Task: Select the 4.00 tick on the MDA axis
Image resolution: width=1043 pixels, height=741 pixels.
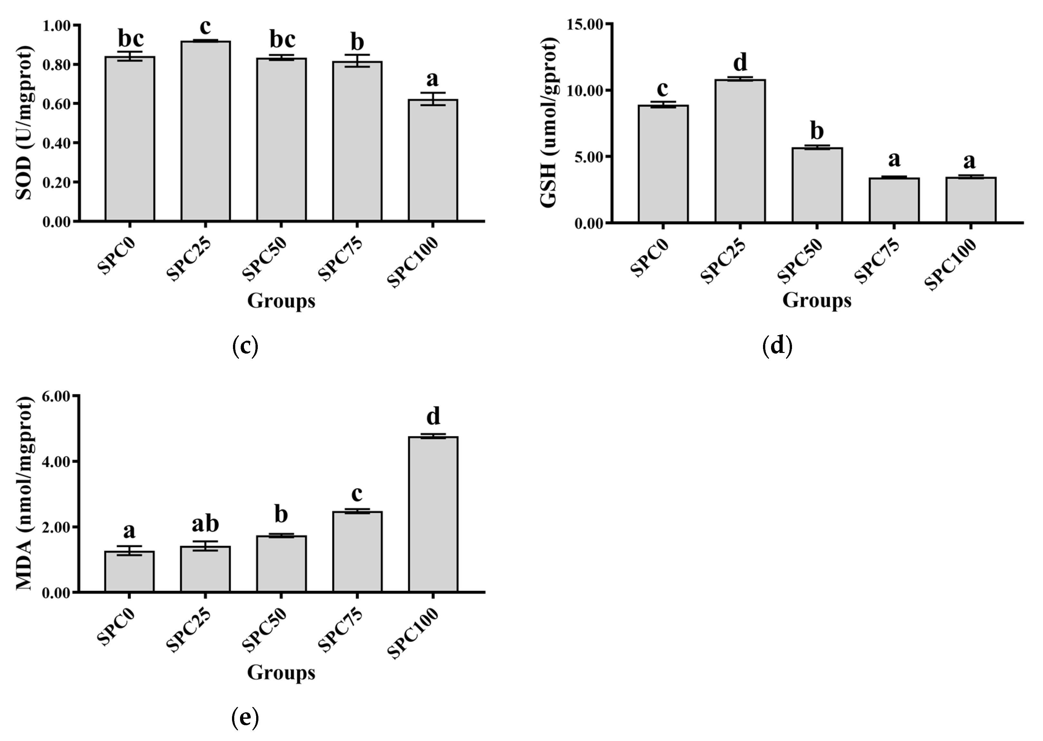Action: click(x=57, y=462)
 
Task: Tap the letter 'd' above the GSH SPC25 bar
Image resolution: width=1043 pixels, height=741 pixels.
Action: click(x=740, y=62)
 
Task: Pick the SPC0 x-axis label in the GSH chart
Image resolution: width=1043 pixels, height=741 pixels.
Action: click(x=650, y=258)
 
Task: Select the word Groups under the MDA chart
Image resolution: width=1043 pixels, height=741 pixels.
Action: click(x=281, y=672)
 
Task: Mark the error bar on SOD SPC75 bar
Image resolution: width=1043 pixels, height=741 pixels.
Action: click(x=357, y=61)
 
